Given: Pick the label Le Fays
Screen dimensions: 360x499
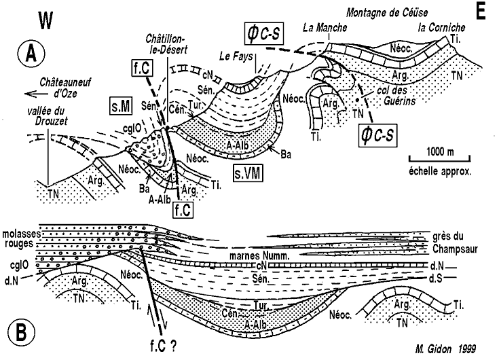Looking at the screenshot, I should [x=235, y=56].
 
